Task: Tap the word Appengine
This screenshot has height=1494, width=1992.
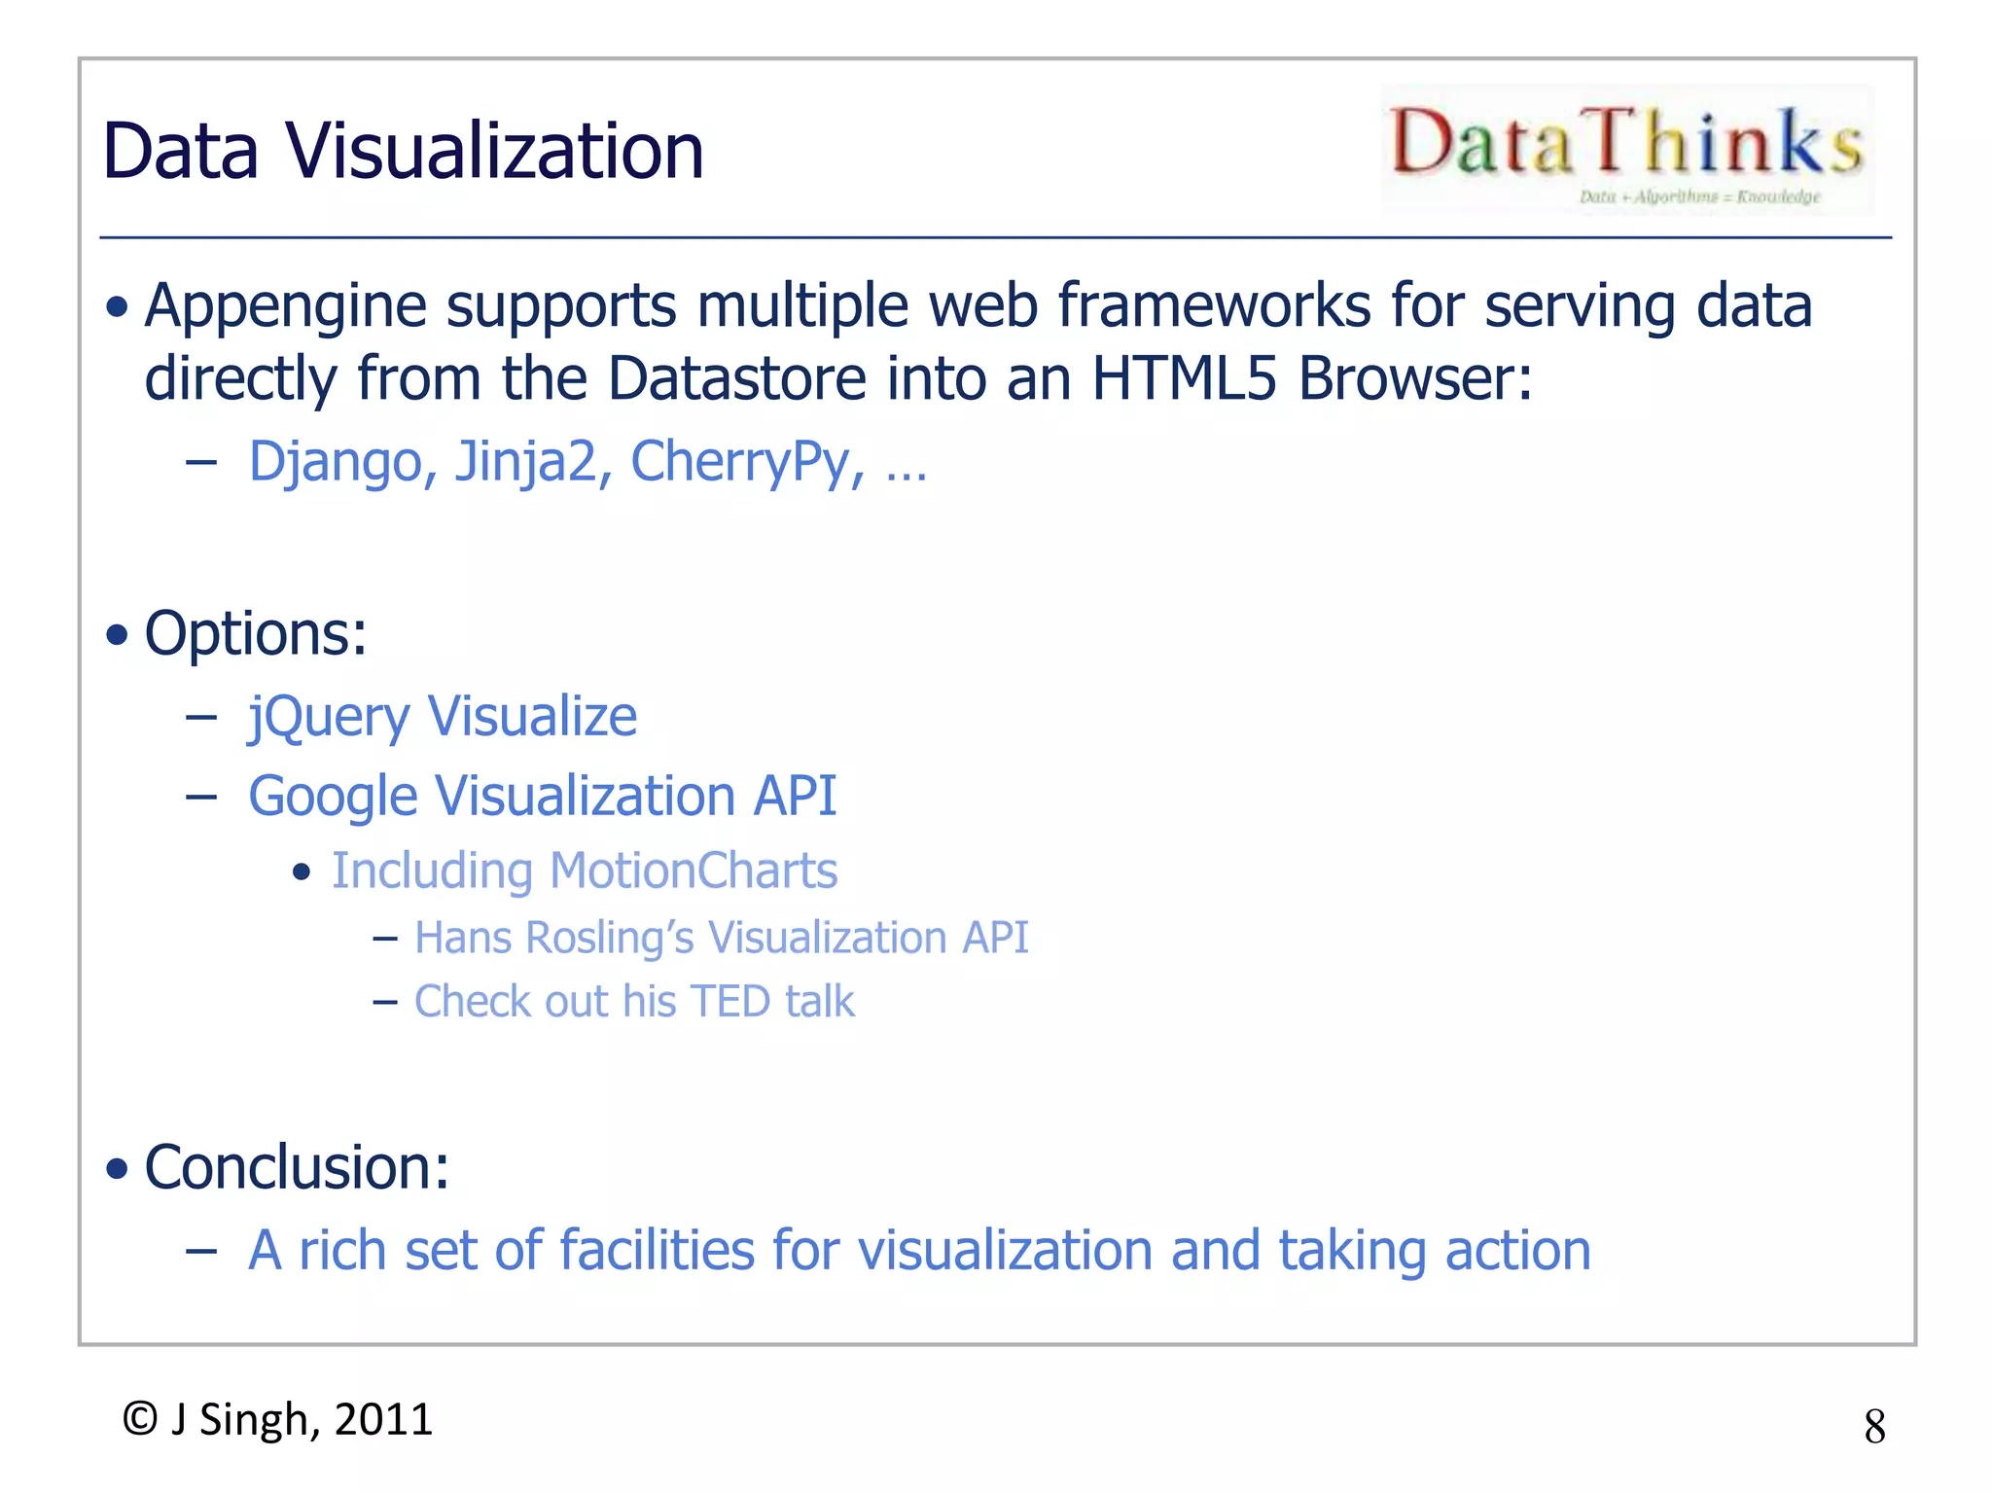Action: pyautogui.click(x=285, y=306)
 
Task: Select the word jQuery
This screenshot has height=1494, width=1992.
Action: pyautogui.click(x=329, y=718)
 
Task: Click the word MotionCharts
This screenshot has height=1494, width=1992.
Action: pyautogui.click(x=693, y=871)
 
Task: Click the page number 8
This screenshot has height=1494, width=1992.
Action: pyautogui.click(x=1874, y=1427)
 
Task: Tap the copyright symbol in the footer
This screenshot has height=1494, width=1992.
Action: pyautogui.click(x=140, y=1419)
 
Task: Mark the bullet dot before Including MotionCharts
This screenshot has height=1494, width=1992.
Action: pyautogui.click(x=302, y=871)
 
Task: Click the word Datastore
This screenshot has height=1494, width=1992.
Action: pyautogui.click(x=736, y=377)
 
